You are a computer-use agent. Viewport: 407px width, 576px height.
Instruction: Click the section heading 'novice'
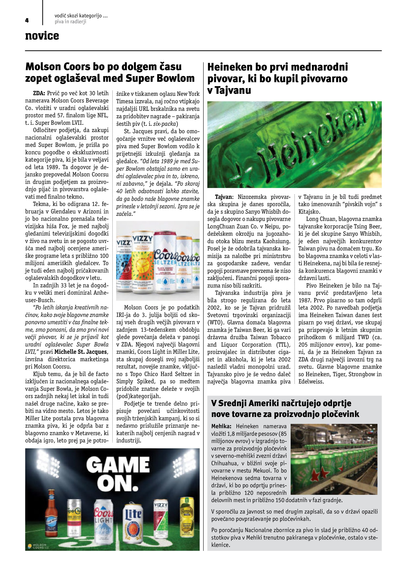point(42,36)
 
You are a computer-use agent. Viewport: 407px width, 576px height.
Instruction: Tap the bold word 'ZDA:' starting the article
point(39,94)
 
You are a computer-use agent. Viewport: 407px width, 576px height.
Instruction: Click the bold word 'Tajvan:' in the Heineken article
point(224,197)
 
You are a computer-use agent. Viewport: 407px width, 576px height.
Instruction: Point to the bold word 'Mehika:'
point(221,426)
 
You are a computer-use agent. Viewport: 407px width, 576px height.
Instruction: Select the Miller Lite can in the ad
point(133,522)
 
